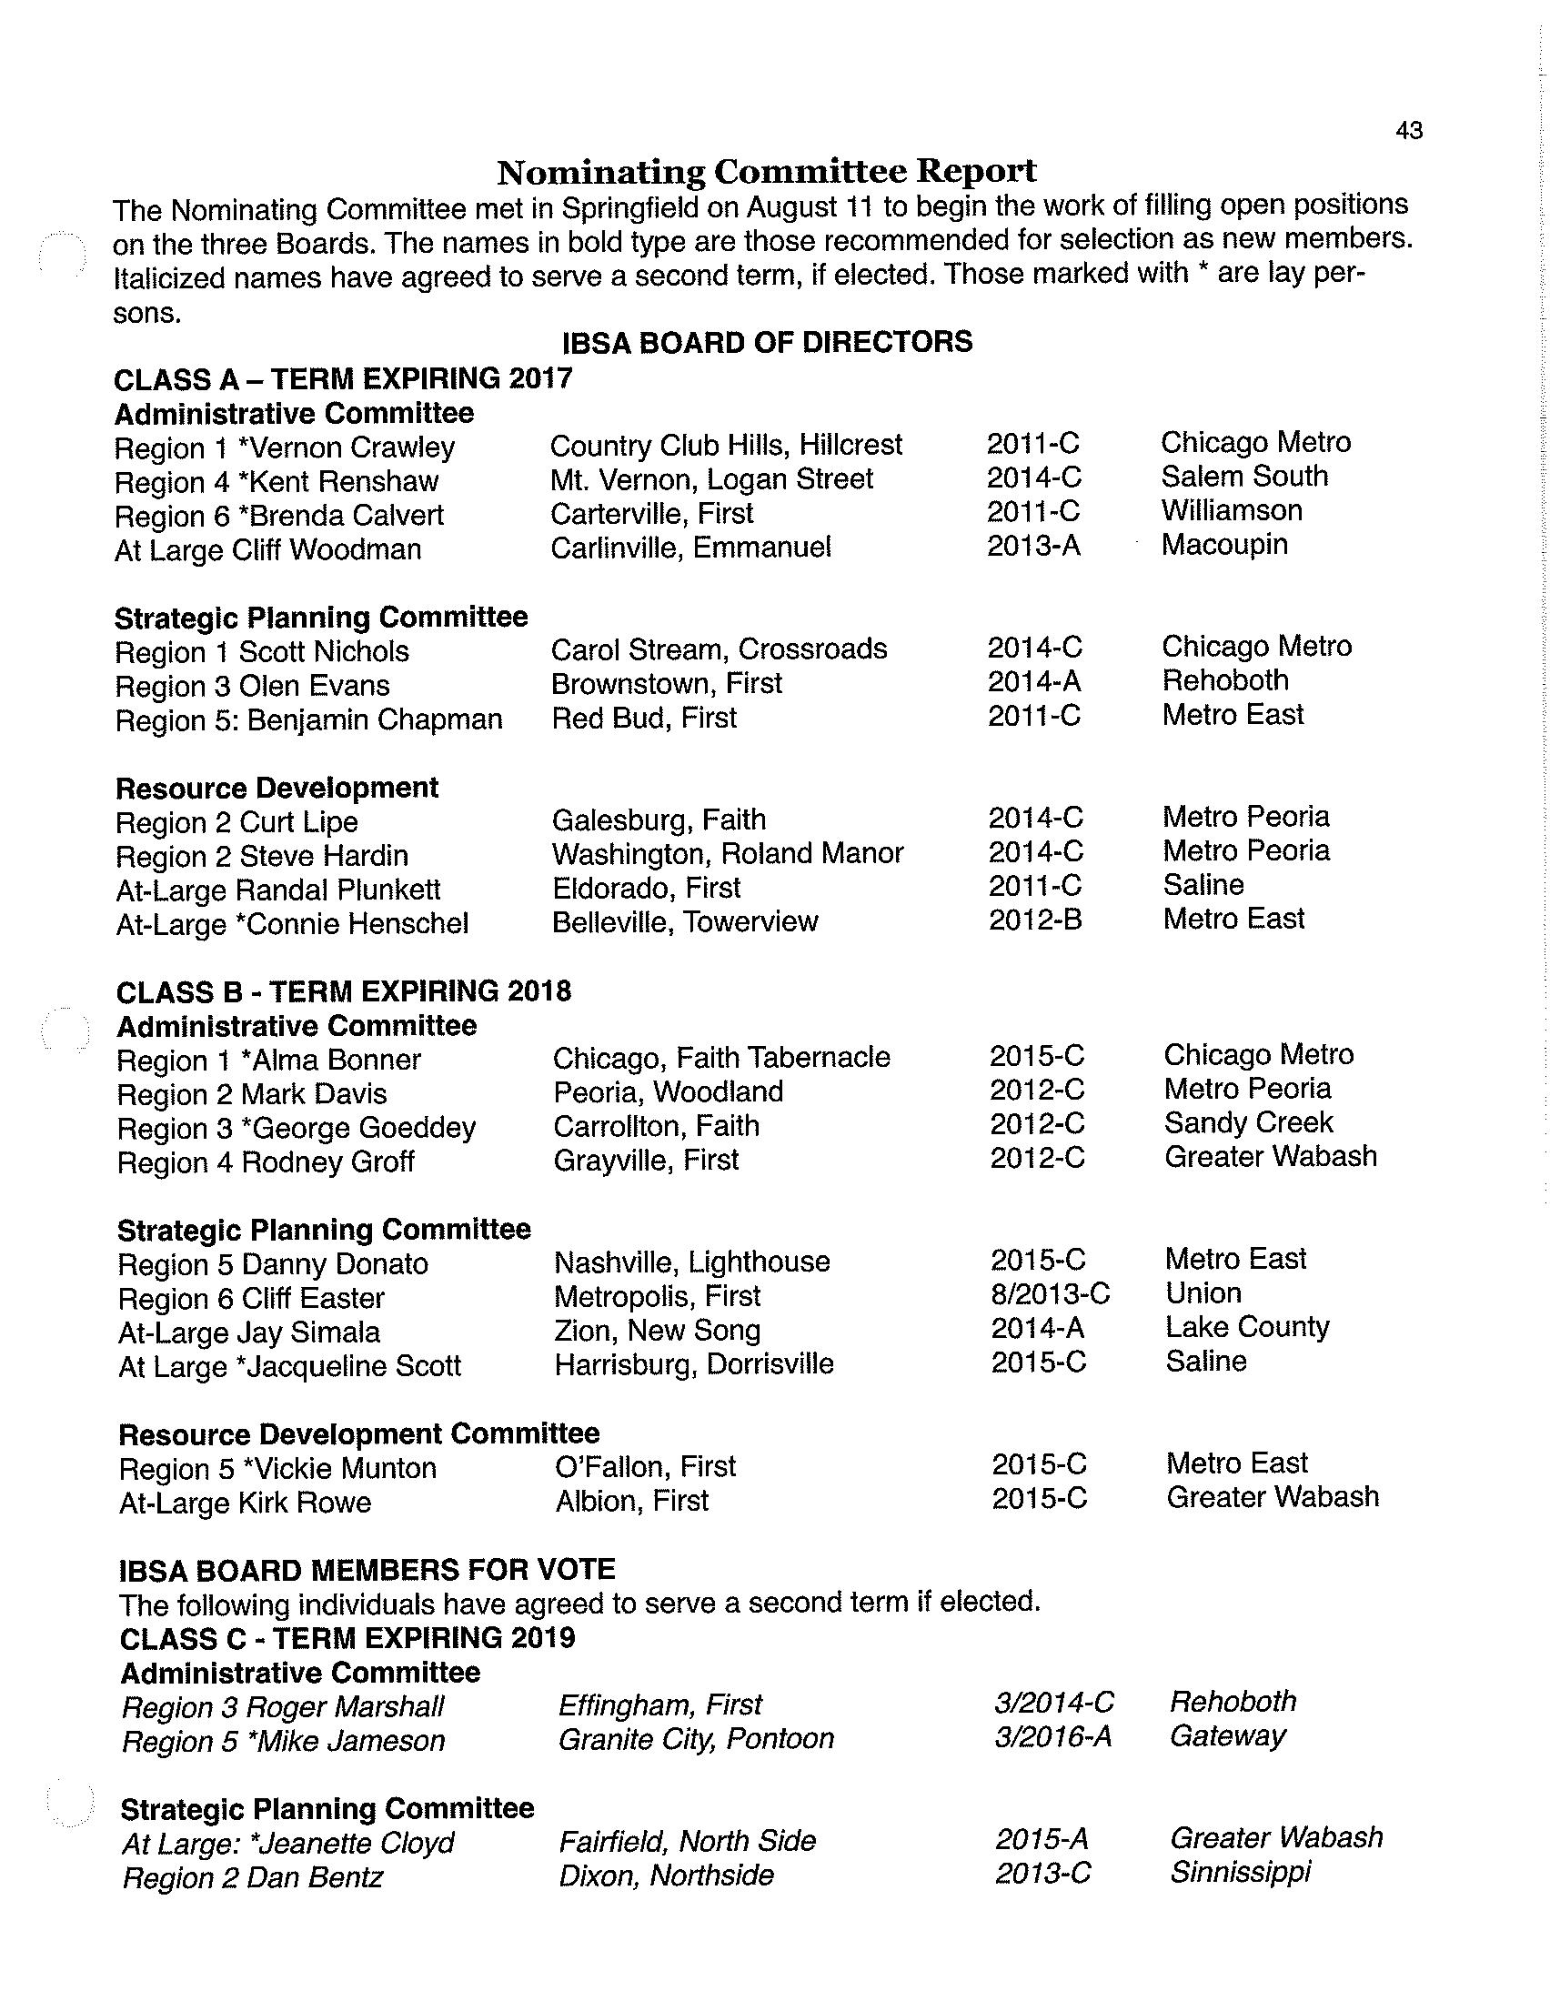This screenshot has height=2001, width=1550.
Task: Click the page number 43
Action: [x=1409, y=131]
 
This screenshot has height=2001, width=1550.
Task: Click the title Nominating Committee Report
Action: [x=766, y=171]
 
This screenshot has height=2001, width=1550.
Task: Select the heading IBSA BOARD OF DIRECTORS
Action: [x=767, y=343]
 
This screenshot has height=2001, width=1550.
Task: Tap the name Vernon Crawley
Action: [x=353, y=448]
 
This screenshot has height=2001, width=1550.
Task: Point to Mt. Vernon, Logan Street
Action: [x=712, y=479]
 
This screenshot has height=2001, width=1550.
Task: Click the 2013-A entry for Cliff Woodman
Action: [x=1033, y=546]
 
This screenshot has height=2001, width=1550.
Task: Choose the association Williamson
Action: [x=1232, y=510]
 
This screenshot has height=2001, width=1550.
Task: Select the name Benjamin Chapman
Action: [x=375, y=720]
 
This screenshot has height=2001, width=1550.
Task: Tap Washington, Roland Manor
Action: [x=728, y=854]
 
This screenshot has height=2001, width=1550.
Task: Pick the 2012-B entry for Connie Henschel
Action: [x=1035, y=920]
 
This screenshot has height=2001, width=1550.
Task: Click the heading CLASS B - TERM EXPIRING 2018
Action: [x=344, y=991]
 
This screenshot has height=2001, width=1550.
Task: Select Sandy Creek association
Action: [x=1248, y=1122]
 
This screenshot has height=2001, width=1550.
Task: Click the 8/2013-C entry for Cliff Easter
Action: [x=1050, y=1293]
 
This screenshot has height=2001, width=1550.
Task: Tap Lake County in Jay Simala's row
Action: [x=1247, y=1327]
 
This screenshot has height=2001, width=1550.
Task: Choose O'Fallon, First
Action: [x=645, y=1466]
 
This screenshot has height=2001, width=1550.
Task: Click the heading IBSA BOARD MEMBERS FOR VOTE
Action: [x=367, y=1571]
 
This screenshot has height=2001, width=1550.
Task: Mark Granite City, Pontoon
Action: [x=696, y=1739]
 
